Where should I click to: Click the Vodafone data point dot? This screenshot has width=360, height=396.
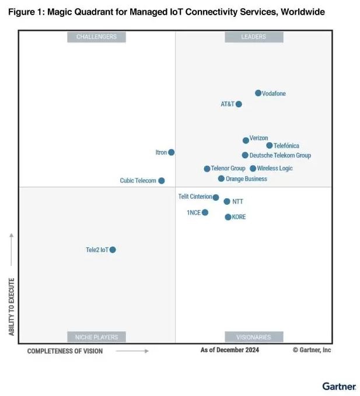point(258,93)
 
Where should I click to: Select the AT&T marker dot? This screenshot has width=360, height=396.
point(239,104)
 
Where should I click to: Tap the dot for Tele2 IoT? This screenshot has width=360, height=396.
point(113,250)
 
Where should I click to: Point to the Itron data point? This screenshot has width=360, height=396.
point(172,152)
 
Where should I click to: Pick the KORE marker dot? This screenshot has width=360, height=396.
point(228,217)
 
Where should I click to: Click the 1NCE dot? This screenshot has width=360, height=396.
point(205,212)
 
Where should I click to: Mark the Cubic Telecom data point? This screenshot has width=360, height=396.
point(162,181)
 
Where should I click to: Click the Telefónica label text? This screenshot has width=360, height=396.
point(286,146)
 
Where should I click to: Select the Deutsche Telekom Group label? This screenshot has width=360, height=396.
point(280,156)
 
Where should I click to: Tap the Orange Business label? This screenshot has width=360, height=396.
point(246,179)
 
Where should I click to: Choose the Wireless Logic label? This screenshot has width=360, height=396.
point(275,169)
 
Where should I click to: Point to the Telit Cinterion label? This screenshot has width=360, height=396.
point(195,197)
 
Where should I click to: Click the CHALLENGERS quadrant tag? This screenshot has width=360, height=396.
point(96,37)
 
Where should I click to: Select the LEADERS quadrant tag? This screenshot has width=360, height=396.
point(254,37)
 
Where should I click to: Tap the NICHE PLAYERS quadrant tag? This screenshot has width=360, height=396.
point(96,337)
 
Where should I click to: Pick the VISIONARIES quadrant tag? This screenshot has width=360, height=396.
point(254,337)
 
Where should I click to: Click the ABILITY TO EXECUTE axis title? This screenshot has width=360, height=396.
point(11,306)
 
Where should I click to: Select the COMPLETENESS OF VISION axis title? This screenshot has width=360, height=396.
point(65,351)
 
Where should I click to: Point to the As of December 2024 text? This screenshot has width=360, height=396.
point(230,350)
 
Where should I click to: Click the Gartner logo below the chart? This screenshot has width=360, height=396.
point(339,386)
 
